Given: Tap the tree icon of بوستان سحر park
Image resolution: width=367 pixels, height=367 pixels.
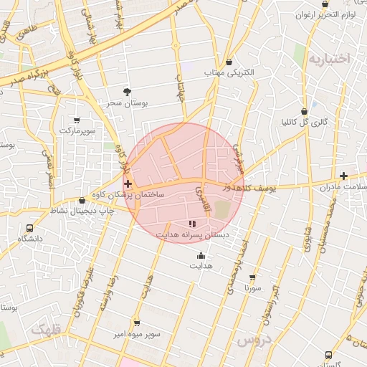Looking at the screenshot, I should [127, 92].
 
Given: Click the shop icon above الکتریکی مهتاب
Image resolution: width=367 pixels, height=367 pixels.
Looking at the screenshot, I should [229, 62].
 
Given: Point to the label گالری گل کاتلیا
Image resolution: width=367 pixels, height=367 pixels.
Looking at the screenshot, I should [305, 122].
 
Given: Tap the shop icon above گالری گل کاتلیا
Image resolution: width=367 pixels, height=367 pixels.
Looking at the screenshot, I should [305, 111].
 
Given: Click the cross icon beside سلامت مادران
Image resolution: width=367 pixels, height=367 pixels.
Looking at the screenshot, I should [343, 176].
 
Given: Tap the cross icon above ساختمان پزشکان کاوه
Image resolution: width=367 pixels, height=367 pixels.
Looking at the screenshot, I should [128, 184].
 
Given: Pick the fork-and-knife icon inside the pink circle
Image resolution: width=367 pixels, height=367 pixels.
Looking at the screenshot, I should [191, 224].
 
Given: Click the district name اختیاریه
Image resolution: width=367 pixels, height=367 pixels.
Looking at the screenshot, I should [328, 59].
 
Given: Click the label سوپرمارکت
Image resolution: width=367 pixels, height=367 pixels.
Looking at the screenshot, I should [77, 131].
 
